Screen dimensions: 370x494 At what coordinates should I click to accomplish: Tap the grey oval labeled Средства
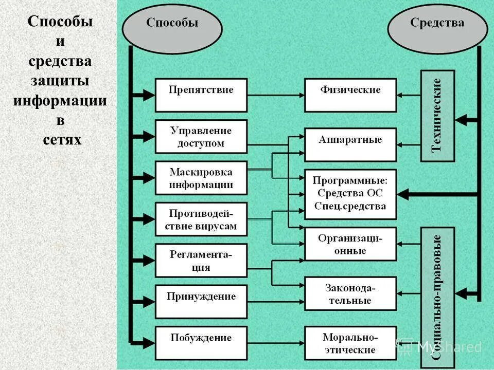coord(437,29)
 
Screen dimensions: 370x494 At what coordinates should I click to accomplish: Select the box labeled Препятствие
coord(201,95)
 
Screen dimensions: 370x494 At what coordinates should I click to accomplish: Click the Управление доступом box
coord(201,137)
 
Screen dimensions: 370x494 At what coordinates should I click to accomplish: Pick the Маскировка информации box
coord(201,178)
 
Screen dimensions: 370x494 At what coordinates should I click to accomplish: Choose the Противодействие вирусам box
coord(201,219)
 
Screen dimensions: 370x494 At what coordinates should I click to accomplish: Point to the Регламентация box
coord(201,261)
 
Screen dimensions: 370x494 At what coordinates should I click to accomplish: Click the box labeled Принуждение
coord(201,302)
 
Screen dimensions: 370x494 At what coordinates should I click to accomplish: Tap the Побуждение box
coord(201,343)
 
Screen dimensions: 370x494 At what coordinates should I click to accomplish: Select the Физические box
coord(350,95)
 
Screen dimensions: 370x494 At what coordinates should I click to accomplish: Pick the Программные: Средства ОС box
coord(350,194)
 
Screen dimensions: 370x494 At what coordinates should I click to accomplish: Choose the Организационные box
coord(350,244)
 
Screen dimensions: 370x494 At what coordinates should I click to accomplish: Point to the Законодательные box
coord(350,293)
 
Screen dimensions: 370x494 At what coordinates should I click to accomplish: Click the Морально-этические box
coord(350,343)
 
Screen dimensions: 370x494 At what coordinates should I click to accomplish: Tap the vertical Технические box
coord(437,116)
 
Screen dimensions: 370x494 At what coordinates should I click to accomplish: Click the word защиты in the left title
coord(60,81)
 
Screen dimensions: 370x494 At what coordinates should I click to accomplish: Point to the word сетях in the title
coord(60,139)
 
